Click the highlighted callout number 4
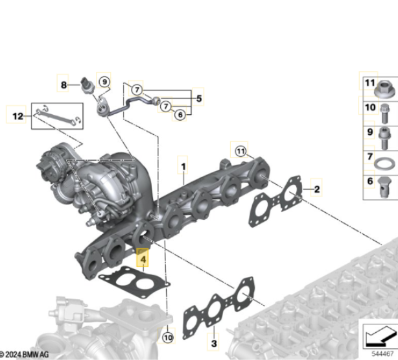[x=143, y=259]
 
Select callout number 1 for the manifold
[x=183, y=167]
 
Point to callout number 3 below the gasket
[x=214, y=344]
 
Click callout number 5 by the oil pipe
[x=199, y=99]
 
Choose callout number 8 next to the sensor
[x=64, y=85]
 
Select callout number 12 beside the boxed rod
[x=18, y=116]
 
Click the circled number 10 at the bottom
[x=167, y=338]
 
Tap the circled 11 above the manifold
[x=240, y=151]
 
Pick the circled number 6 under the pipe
[x=180, y=115]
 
